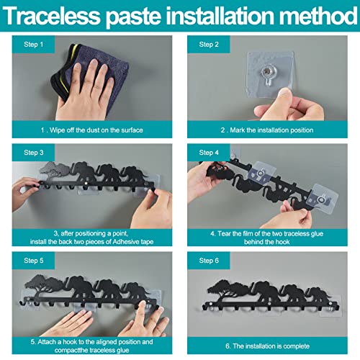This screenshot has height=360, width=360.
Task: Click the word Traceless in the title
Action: [x=51, y=16]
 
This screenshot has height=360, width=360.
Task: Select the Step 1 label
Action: [x=33, y=45]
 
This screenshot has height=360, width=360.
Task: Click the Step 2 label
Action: [x=209, y=45]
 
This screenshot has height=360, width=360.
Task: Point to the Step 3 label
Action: [x=34, y=153]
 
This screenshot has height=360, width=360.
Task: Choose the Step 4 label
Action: [x=209, y=153]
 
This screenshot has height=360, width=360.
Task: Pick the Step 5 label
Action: [x=34, y=261]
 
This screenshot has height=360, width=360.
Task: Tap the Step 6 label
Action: [x=209, y=261]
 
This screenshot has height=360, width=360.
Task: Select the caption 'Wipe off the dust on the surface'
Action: [x=96, y=130]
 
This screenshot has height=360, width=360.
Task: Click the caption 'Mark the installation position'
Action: [x=271, y=130]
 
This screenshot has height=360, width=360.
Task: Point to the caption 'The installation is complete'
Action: [x=271, y=346]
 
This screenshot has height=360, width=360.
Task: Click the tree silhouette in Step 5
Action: [x=45, y=287]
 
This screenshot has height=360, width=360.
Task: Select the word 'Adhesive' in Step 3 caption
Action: [x=126, y=242]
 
